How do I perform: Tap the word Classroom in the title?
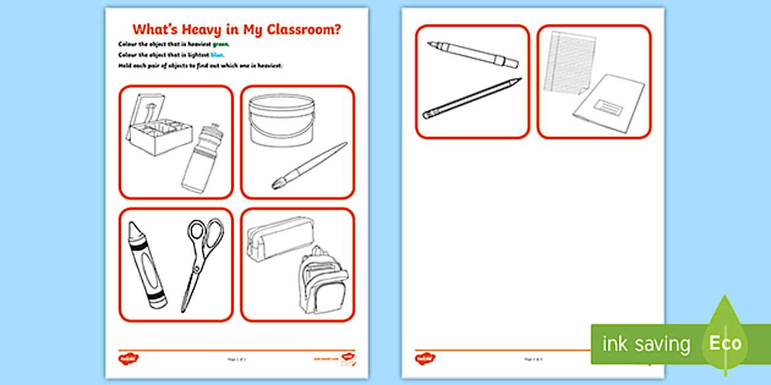[x=304, y=30]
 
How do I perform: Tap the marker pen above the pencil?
[x=473, y=54]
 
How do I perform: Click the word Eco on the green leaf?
[x=725, y=343]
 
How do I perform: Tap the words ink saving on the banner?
[x=646, y=344]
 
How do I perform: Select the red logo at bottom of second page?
[x=425, y=358]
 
